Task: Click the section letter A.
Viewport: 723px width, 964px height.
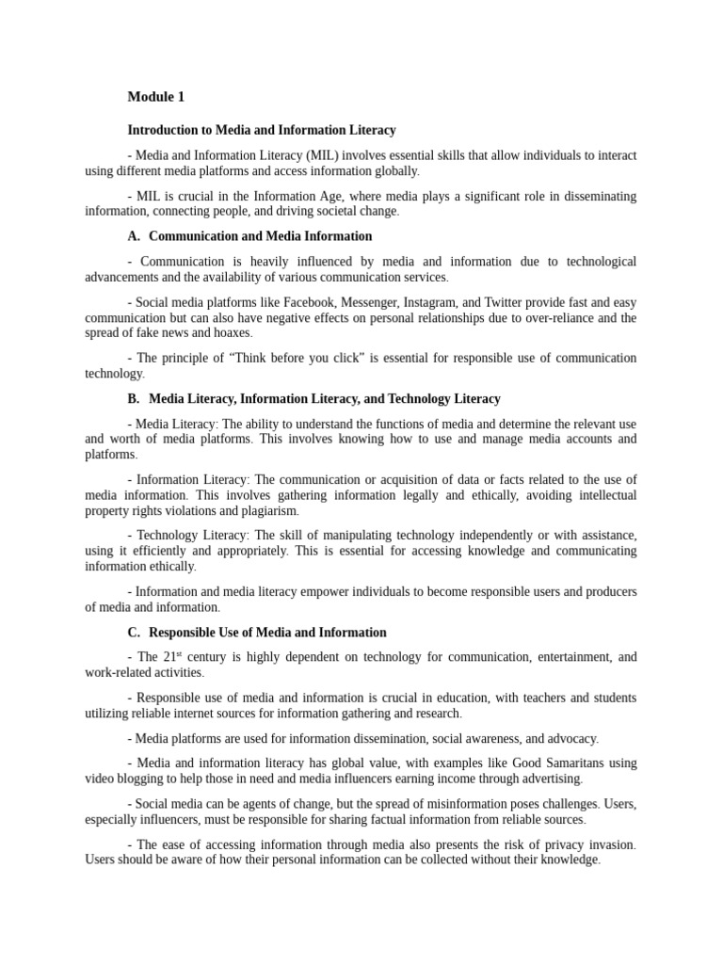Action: click(132, 236)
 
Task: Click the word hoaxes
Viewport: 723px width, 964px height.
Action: click(232, 333)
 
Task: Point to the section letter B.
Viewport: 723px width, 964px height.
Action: click(132, 399)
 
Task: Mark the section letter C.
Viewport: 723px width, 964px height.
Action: click(132, 633)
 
